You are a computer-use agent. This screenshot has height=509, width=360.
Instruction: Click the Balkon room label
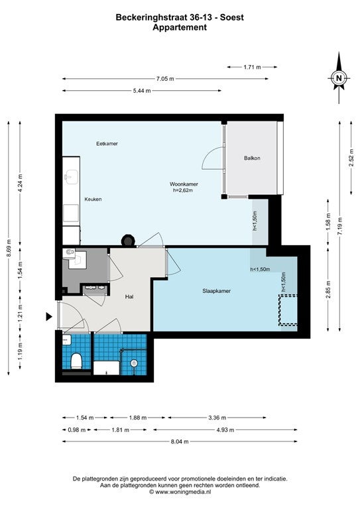point(252,158)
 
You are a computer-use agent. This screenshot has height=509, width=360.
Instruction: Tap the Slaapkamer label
point(217,291)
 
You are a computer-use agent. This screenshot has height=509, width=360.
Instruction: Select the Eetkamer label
point(107,143)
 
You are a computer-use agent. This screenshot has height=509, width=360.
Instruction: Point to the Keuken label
point(93,199)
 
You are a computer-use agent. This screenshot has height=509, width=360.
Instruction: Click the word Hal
point(129,296)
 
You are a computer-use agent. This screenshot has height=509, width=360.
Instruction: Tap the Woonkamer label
point(184,184)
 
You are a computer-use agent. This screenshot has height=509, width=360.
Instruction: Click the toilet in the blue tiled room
point(76,361)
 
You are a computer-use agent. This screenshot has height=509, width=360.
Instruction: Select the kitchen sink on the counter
point(71,177)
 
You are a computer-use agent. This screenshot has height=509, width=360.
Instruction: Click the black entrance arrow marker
point(48,317)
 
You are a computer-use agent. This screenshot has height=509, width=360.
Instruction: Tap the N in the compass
point(339,78)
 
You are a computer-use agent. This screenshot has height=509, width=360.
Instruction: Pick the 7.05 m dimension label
point(165,79)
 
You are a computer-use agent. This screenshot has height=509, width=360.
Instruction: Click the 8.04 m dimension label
point(180,441)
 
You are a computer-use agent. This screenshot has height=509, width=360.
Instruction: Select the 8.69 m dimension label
point(9,248)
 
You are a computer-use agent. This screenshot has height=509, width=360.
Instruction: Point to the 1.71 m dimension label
point(252,67)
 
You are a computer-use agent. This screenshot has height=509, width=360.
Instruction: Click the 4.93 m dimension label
point(225,429)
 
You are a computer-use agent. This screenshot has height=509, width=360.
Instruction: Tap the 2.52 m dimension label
point(351,158)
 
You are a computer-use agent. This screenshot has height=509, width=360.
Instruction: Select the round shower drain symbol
point(134,363)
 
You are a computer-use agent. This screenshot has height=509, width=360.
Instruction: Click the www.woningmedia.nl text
point(183,492)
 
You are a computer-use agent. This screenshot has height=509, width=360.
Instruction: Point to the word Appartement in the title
point(180,27)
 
